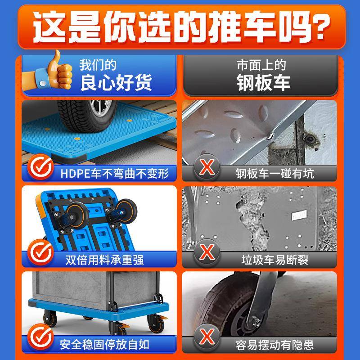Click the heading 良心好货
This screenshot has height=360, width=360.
pyautogui.click(x=117, y=83)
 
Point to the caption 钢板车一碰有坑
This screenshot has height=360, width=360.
pyautogui.click(x=274, y=173)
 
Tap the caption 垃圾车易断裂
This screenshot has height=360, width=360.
pyautogui.click(x=274, y=260)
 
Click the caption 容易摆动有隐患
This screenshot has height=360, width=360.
pyautogui.click(x=274, y=345)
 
